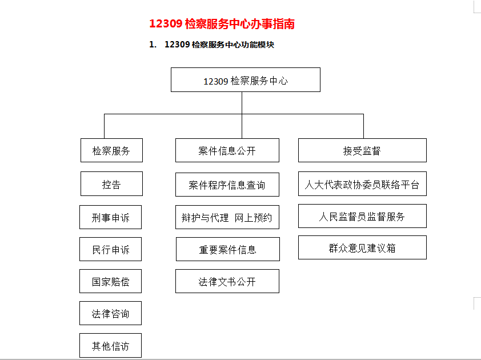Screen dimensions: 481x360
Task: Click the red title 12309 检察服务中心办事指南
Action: point(222,24)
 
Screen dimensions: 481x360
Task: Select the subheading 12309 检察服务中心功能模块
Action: point(219,45)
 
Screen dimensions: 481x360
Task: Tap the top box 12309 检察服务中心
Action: point(246,80)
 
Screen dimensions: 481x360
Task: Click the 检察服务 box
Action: point(111,150)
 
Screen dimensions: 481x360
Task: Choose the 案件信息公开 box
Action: point(227,150)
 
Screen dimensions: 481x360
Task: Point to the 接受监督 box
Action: point(362,150)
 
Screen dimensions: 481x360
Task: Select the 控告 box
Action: point(111,184)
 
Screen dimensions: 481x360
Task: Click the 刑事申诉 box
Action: point(110,217)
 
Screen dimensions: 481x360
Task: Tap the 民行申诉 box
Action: point(110,249)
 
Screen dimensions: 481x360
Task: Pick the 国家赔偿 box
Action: point(110,281)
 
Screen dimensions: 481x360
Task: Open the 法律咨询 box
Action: point(110,313)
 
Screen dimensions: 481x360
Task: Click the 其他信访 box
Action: point(110,346)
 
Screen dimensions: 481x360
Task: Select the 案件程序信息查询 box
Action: point(227,185)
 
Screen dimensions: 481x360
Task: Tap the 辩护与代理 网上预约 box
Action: point(227,217)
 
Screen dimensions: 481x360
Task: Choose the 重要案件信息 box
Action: point(228,249)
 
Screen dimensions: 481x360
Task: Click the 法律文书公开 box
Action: point(227,281)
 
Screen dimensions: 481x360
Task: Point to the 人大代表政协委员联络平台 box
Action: point(362,184)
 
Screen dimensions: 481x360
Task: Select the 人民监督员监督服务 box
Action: point(362,216)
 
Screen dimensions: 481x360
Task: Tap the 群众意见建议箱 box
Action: point(362,247)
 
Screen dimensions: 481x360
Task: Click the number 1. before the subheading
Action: point(153,45)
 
